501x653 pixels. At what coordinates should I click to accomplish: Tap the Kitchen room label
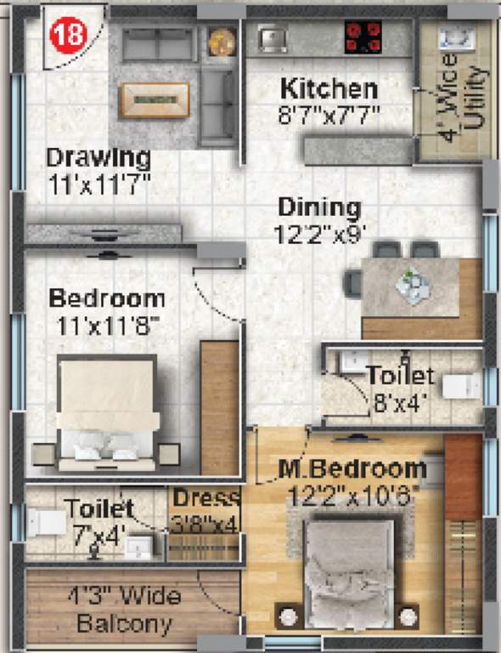tap(329, 88)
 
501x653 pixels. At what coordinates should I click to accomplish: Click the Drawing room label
tap(99, 158)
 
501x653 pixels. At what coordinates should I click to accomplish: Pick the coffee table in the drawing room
tap(154, 99)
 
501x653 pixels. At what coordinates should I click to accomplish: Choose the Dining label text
tap(319, 207)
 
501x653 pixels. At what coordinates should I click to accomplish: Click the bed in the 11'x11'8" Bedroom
tap(107, 412)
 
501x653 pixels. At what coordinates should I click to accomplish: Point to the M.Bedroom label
tap(352, 468)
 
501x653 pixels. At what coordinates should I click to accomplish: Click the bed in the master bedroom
tap(349, 561)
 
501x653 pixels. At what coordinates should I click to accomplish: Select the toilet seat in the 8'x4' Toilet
tap(465, 385)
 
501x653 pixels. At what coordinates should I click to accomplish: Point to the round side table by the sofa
tap(221, 42)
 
